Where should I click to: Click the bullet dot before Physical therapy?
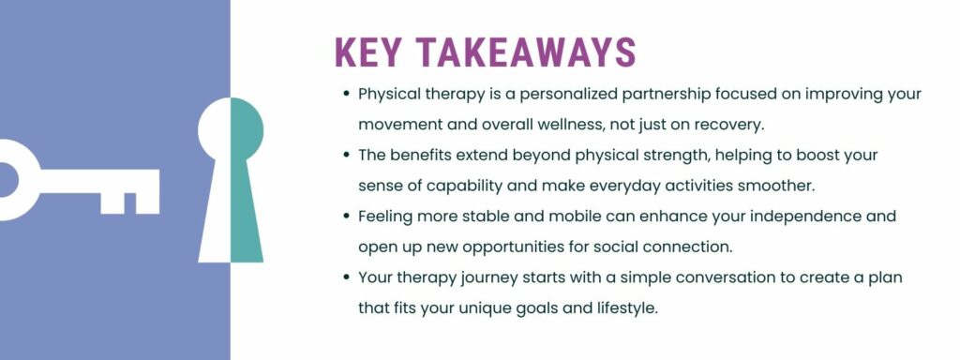[347, 95]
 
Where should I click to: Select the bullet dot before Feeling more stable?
[347, 217]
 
